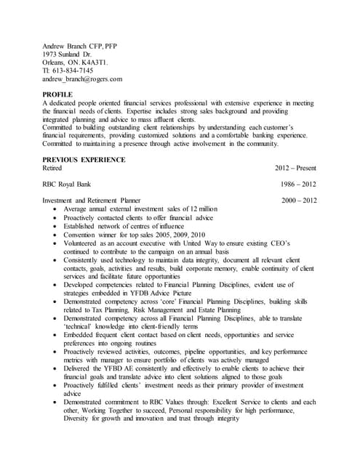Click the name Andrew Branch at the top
coord(63,46)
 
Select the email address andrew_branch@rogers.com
coord(82,79)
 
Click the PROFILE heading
coord(57,95)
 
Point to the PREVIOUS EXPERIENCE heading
coord(84,160)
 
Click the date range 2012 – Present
coord(295,168)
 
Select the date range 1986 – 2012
coord(297,185)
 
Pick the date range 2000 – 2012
coord(299,201)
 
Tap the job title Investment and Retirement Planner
coord(91,201)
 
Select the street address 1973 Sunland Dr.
coord(67,54)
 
